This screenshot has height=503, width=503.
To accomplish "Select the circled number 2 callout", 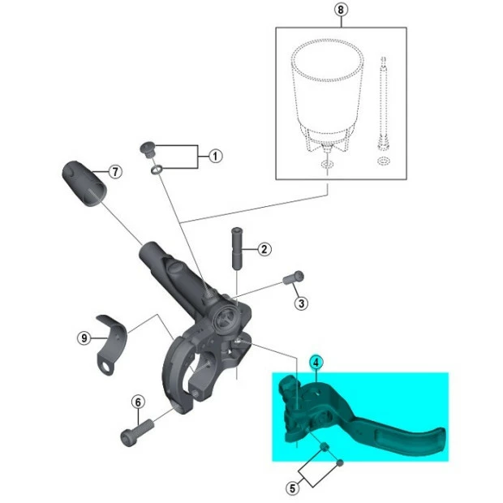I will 264,249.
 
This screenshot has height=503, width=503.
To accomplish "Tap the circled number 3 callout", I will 301,303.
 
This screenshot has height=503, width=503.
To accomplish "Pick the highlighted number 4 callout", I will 317,364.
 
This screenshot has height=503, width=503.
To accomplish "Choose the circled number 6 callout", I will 138,401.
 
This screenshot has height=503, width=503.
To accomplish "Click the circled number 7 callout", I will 115,172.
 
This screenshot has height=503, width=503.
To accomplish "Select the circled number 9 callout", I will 84,338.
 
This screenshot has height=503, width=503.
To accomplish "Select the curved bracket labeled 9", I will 112,342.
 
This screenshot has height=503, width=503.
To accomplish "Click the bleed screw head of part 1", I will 148,148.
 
